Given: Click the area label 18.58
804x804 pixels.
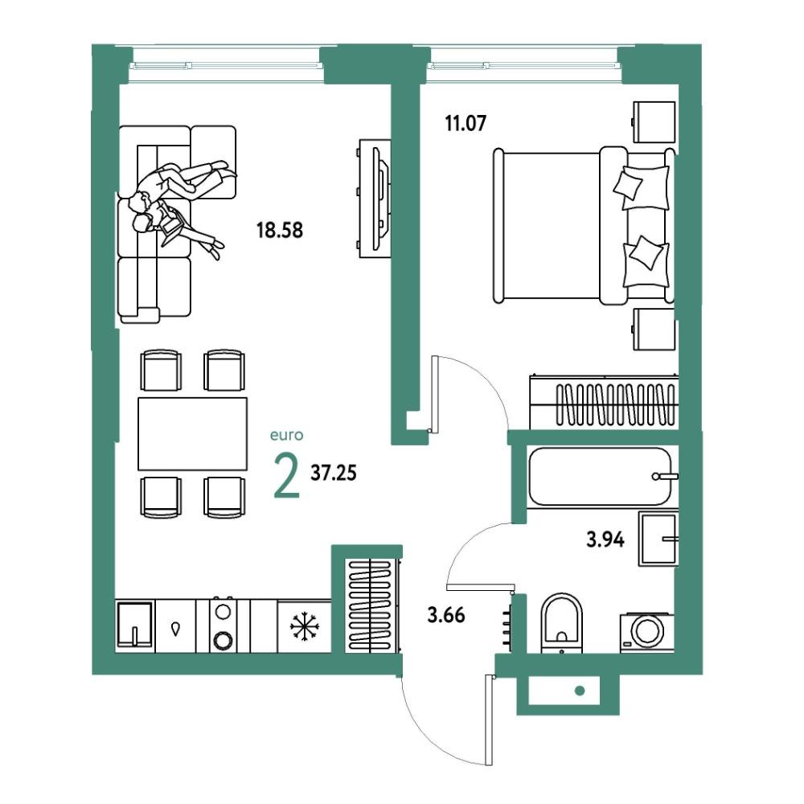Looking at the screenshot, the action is point(280,230).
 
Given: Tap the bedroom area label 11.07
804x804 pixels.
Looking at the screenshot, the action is point(466,124).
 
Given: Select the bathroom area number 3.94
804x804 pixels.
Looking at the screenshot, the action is point(605,539).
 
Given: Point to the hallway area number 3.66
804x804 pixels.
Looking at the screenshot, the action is point(446,614).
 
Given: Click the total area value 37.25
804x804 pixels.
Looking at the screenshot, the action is point(334,473).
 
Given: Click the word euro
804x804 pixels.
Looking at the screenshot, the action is point(287,435).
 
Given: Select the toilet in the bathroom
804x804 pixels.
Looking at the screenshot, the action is point(562,624).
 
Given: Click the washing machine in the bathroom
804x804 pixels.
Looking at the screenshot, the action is point(646,632).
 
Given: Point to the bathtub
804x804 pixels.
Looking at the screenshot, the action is point(600,477).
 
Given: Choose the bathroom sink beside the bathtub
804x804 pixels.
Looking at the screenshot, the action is point(658,539).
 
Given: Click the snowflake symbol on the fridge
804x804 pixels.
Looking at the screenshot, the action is point(305,626).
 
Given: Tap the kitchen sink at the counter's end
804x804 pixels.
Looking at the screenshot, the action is point(135,626).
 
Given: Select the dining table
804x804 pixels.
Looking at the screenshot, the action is point(193,434).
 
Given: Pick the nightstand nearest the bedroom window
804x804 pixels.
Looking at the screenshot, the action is point(654,122).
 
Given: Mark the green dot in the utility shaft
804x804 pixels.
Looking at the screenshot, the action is point(580,691).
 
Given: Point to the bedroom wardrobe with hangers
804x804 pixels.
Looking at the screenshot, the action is point(604,402).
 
